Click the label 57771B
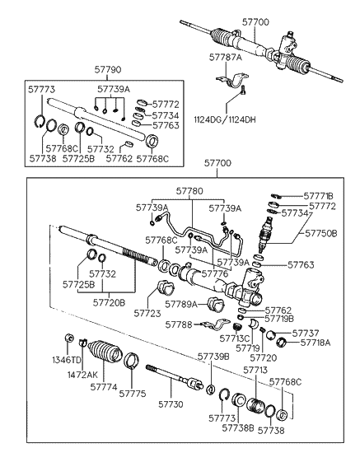click(318, 196)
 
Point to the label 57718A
click(316, 341)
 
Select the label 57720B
click(110, 302)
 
